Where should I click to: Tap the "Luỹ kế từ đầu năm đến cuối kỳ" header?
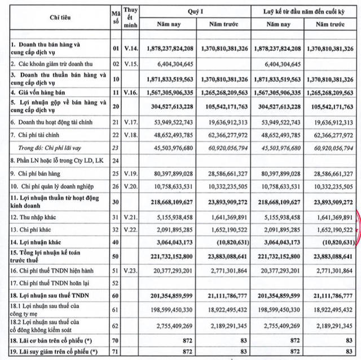304,11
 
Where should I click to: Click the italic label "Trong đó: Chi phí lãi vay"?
47,146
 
